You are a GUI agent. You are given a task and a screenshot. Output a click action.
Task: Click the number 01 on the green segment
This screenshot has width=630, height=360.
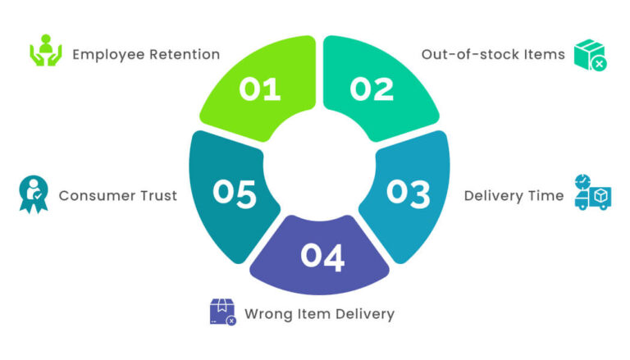click(260, 89)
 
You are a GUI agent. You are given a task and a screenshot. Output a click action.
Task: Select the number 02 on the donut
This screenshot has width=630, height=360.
click(372, 89)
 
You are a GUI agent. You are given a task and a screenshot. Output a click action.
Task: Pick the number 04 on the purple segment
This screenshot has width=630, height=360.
click(322, 256)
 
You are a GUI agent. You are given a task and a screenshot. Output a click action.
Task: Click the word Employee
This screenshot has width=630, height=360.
click(111, 55)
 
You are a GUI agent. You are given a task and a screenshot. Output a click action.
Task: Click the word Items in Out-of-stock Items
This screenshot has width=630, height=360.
click(544, 55)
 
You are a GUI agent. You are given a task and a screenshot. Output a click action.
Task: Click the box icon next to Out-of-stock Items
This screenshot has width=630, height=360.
click(591, 54)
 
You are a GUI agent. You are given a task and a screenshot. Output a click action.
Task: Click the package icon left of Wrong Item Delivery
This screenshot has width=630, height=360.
click(223, 312)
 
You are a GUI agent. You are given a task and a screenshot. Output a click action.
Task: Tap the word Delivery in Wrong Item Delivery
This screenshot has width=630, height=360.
click(365, 314)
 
